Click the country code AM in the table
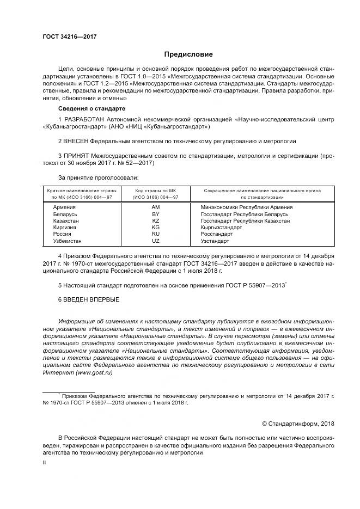coord(155,208)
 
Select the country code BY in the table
coord(155,214)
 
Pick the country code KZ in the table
coord(155,221)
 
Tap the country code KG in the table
coord(155,228)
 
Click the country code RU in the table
coord(155,234)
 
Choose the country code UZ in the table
coord(155,241)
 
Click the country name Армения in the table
coord(64,208)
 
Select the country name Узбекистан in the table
coord(67,241)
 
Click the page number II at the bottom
coord(44,462)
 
